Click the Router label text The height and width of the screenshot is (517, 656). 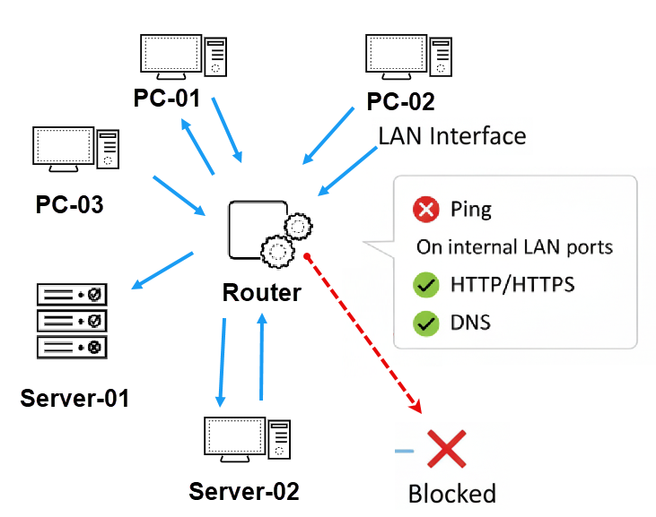tap(261, 292)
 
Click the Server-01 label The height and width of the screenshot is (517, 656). tap(74, 397)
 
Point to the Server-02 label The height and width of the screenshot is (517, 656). tap(243, 491)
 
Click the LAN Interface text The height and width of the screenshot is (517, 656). tap(451, 136)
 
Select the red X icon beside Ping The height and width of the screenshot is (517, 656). tap(425, 211)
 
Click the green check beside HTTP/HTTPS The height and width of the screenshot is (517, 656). tap(425, 286)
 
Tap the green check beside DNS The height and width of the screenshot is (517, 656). tap(425, 323)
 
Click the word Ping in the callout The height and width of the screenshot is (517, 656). tap(471, 211)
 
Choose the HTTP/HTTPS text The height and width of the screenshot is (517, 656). tap(512, 286)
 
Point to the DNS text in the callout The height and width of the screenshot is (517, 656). tap(470, 323)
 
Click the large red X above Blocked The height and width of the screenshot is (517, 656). tap(445, 450)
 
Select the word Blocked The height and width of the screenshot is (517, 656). tap(451, 494)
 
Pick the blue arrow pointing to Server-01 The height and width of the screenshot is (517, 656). tap(162, 271)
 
